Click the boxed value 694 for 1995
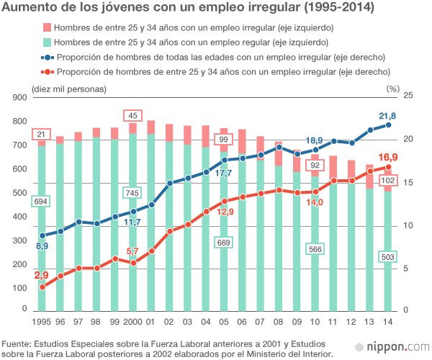41,202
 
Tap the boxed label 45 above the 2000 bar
132,116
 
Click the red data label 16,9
388,157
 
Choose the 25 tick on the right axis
408,96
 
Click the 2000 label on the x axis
132,321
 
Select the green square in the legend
47,42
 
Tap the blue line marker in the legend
47,57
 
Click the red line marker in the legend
47,71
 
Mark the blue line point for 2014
388,125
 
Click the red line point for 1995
42,287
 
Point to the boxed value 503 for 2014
387,257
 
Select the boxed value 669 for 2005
223,243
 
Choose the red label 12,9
225,212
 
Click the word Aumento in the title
31,9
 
